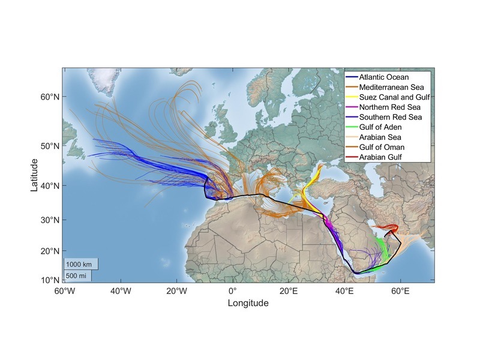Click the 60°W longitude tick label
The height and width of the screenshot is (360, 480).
(x=64, y=291)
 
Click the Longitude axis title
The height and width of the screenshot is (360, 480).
(x=248, y=304)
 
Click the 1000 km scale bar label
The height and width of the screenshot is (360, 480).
(x=79, y=264)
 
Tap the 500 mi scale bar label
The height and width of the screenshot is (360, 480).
(x=76, y=275)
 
